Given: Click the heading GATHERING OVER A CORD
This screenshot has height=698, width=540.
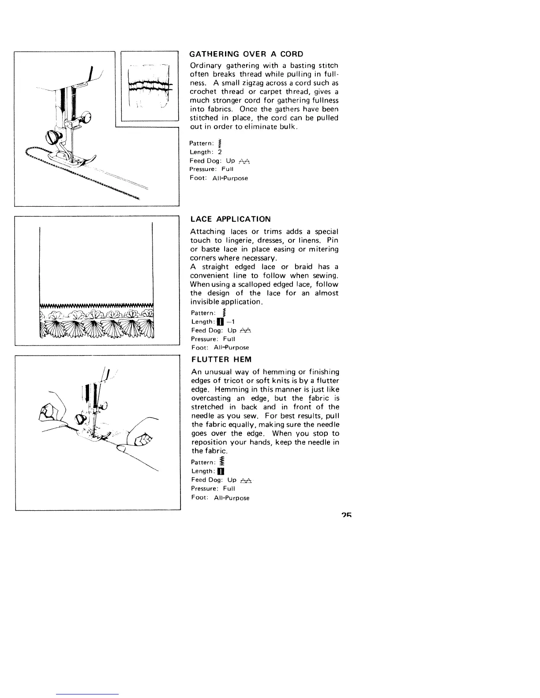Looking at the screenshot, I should tap(246, 54).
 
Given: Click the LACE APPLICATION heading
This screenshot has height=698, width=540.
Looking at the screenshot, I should tap(230, 219).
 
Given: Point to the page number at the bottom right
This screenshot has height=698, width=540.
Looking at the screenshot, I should tap(345, 516).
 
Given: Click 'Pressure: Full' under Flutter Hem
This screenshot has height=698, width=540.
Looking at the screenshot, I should tap(213, 489).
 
